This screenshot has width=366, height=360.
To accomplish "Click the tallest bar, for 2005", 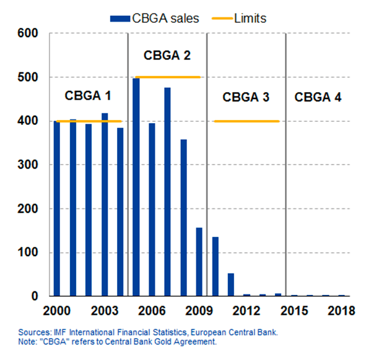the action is pyautogui.click(x=136, y=187).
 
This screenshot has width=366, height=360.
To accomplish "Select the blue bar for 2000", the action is pyautogui.click(x=57, y=208).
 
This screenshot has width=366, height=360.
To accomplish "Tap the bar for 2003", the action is pyautogui.click(x=105, y=205).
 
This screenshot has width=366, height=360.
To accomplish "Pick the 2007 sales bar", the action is pyautogui.click(x=167, y=192).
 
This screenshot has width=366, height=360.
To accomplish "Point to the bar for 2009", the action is pyautogui.click(x=199, y=262).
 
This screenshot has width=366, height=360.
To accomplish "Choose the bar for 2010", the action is pyautogui.click(x=216, y=267).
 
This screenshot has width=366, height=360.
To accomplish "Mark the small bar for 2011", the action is pyautogui.click(x=231, y=285).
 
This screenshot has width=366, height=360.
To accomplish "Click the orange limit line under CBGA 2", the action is pyautogui.click(x=168, y=77).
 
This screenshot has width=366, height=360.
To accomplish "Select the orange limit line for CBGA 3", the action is pyautogui.click(x=246, y=121).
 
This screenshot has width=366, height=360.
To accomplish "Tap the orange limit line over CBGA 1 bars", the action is pyautogui.click(x=89, y=121).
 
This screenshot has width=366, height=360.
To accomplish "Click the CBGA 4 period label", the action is pyautogui.click(x=318, y=97).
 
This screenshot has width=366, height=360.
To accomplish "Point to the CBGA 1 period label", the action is pyautogui.click(x=88, y=96).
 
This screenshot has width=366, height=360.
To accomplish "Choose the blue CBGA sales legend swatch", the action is pyautogui.click(x=120, y=19).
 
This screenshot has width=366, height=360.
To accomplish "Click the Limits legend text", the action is pyautogui.click(x=250, y=19).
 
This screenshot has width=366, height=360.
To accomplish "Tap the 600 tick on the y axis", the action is pyautogui.click(x=27, y=33).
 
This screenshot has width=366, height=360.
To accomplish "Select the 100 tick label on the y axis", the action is pyautogui.click(x=27, y=252).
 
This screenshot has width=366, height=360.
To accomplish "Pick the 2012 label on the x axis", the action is pyautogui.click(x=246, y=311).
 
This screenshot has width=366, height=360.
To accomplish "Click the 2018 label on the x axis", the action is pyautogui.click(x=341, y=311).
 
